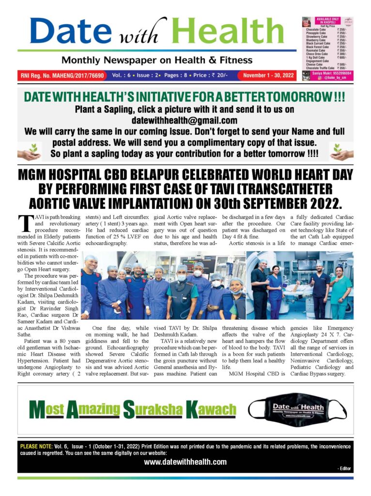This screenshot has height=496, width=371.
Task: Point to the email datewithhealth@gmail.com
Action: point(184,120)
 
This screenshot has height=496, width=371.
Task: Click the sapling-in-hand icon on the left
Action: point(29,152)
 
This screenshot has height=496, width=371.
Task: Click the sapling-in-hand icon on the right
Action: point(342,152)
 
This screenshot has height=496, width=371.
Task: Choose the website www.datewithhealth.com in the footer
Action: point(185,462)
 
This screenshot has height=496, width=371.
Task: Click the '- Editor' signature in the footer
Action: point(344,469)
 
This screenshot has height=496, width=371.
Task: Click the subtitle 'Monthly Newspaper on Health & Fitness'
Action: point(156,61)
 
